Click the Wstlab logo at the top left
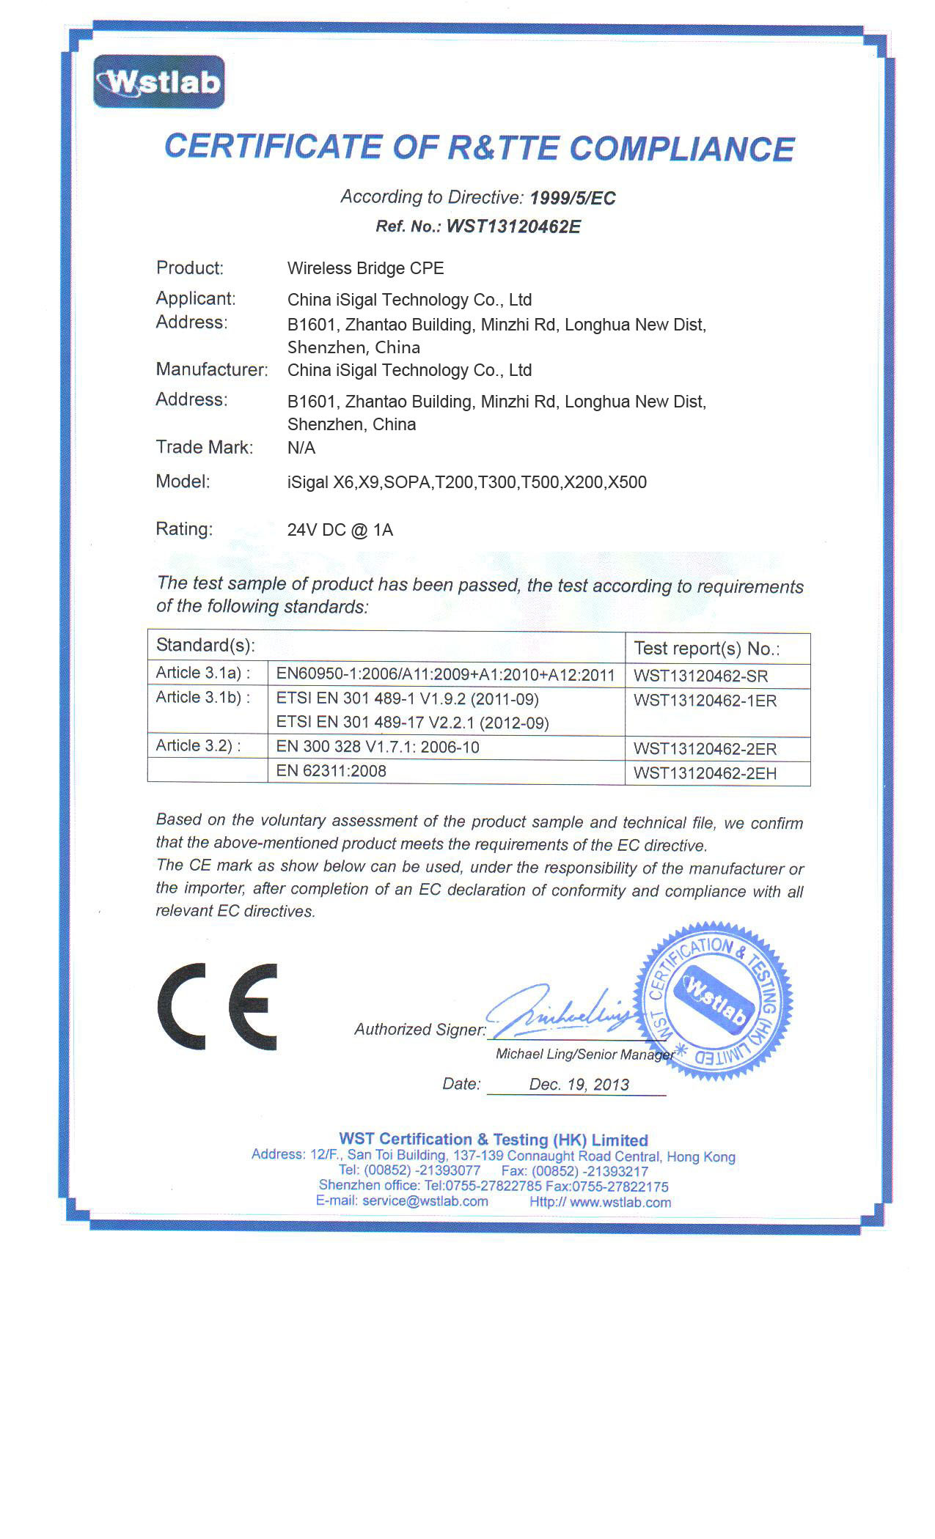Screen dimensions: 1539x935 (158, 82)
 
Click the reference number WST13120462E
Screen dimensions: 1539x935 (513, 226)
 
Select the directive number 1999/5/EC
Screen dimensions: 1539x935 (573, 198)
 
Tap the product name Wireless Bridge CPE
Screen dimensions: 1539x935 (365, 268)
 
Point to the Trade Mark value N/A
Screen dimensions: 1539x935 (301, 448)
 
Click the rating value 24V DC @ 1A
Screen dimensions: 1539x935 (340, 530)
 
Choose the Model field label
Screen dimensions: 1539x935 (183, 481)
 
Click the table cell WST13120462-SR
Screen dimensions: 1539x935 (700, 676)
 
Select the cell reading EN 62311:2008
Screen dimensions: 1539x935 (331, 771)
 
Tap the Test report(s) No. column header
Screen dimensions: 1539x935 (706, 648)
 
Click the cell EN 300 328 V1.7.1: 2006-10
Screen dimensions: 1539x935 (378, 748)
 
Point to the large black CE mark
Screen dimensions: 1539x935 (218, 1006)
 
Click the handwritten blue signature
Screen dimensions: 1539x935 (561, 1010)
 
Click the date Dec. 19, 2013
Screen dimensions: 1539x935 (579, 1085)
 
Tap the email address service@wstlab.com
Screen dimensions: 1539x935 (425, 1201)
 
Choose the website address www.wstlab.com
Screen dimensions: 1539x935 (620, 1202)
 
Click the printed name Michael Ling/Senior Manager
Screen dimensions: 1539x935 (584, 1054)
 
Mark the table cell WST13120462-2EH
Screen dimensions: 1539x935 (705, 773)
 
